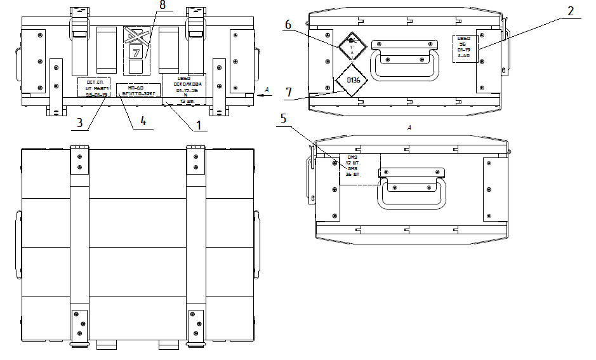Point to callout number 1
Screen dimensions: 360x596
point(199,125)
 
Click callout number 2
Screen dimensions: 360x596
point(571,11)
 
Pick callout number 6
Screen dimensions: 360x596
point(288,25)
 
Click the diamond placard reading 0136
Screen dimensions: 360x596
point(348,80)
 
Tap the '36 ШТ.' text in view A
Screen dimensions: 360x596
point(353,174)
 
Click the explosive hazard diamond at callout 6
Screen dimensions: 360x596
point(350,46)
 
